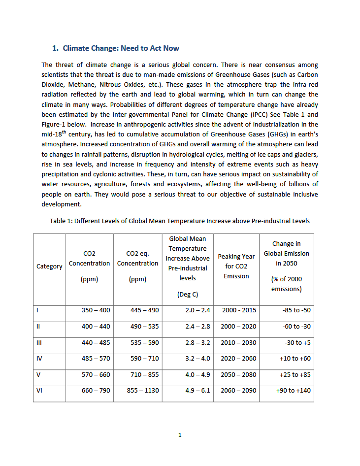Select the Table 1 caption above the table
pos(180,221)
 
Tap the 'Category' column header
pos(49,266)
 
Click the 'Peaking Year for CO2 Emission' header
pos(236,266)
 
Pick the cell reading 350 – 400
pos(96,310)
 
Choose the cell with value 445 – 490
pos(145,310)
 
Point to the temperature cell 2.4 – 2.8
pos(197,327)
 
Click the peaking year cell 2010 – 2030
pos(239,342)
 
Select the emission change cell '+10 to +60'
pos(295,359)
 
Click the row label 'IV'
pos(39,359)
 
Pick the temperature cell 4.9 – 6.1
pos(197,391)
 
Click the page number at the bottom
pos(180,435)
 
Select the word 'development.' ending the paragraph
pos(62,203)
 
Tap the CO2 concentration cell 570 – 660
pos(96,374)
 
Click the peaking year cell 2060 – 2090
pos(239,391)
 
